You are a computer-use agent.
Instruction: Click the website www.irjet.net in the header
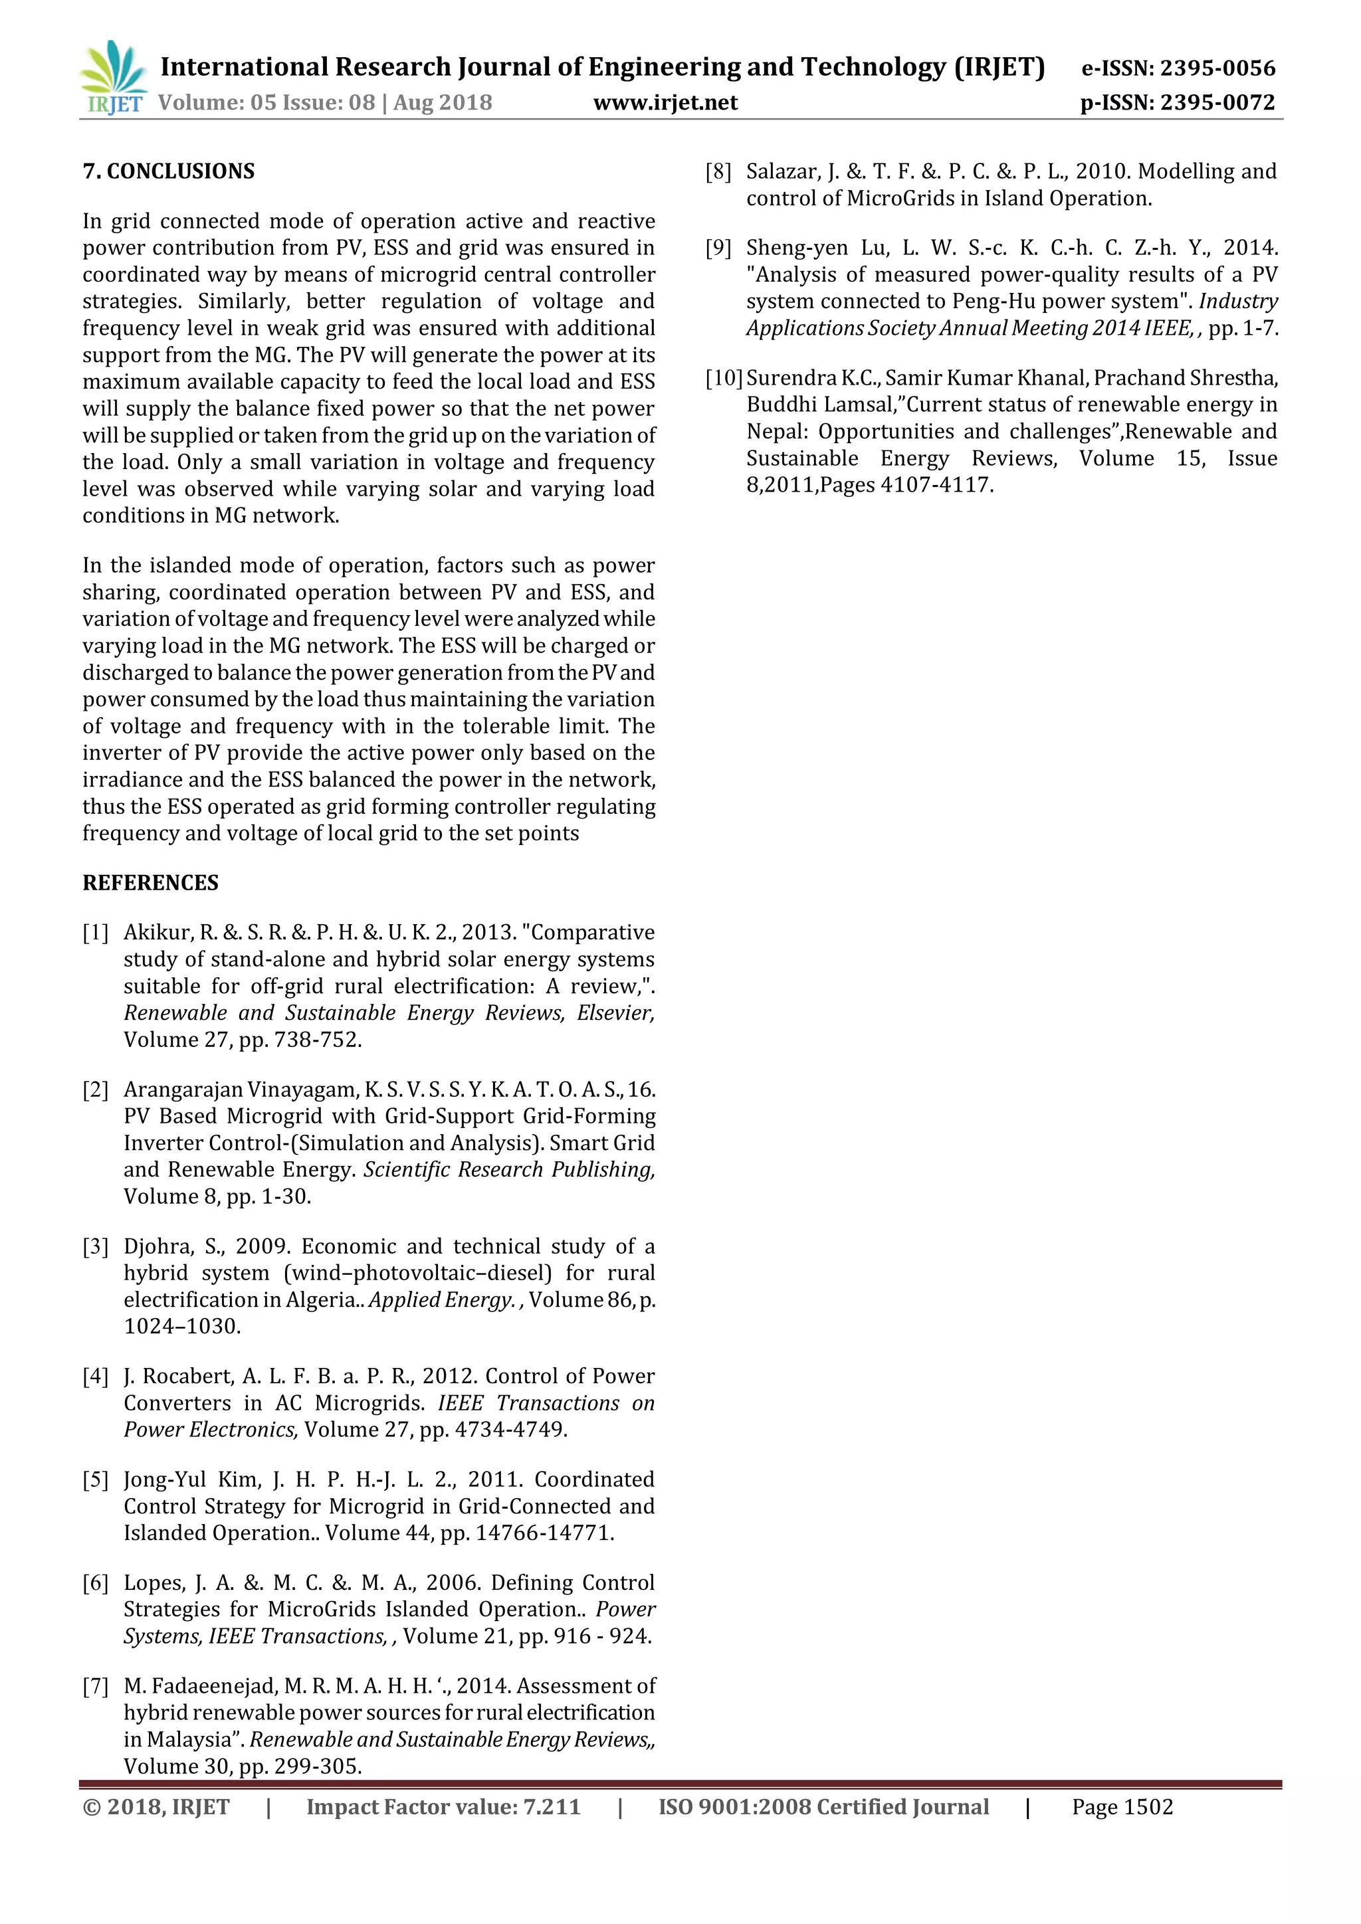[x=665, y=103]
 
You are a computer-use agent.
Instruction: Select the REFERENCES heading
[x=150, y=882]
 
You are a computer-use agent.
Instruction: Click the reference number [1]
[x=96, y=933]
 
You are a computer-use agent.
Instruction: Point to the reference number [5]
[x=96, y=1480]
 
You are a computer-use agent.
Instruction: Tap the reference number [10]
[x=724, y=378]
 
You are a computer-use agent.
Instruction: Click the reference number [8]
[x=718, y=172]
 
